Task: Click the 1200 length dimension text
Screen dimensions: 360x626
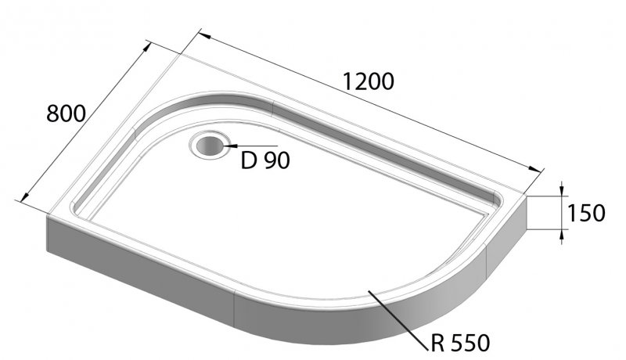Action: point(367,81)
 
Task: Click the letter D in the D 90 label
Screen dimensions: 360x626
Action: point(250,161)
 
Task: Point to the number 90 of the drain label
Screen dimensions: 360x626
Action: point(276,161)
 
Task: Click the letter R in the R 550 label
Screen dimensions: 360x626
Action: point(439,343)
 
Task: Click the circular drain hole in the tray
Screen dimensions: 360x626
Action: point(208,146)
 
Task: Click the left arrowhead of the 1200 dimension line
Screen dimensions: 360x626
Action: point(203,35)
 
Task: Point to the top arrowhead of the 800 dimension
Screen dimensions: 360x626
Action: point(148,46)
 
